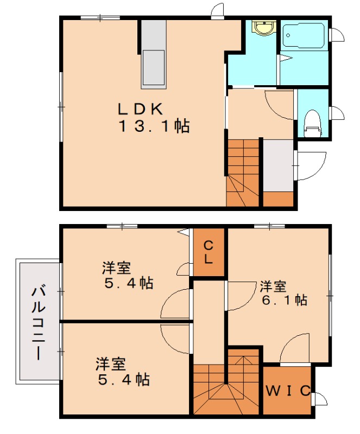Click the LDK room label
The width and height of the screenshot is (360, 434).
(x=140, y=108)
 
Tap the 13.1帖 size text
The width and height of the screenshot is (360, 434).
(x=154, y=127)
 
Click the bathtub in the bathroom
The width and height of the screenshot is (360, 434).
(x=304, y=36)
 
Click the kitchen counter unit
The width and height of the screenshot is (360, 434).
(x=154, y=55)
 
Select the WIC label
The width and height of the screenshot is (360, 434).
(x=288, y=390)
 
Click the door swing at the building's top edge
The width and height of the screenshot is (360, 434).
(x=217, y=11)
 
